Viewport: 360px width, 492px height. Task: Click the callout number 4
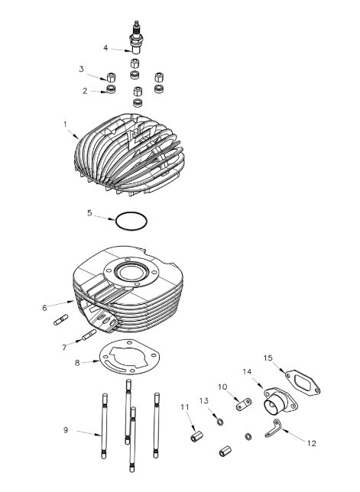tap(105, 48)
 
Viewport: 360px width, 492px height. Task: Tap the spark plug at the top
tap(135, 37)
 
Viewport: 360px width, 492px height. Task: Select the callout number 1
tap(65, 125)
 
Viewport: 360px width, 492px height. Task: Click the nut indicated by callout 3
tap(112, 77)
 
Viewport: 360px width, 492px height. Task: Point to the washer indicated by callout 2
tap(111, 89)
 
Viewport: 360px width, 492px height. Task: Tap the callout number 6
tap(44, 308)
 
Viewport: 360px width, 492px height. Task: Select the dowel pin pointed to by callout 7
tap(89, 335)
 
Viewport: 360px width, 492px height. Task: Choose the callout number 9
tap(66, 429)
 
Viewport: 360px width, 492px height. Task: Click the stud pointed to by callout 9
tap(104, 426)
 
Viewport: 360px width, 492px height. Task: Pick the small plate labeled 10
tap(244, 404)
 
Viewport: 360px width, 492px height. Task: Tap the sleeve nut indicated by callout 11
tap(196, 436)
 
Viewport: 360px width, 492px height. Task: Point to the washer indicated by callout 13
tap(219, 422)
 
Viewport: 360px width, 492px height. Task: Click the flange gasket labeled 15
tap(303, 383)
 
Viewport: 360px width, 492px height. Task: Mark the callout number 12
tap(311, 443)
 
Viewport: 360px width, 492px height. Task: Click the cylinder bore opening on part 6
tap(131, 272)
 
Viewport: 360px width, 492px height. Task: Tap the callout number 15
tap(268, 358)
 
